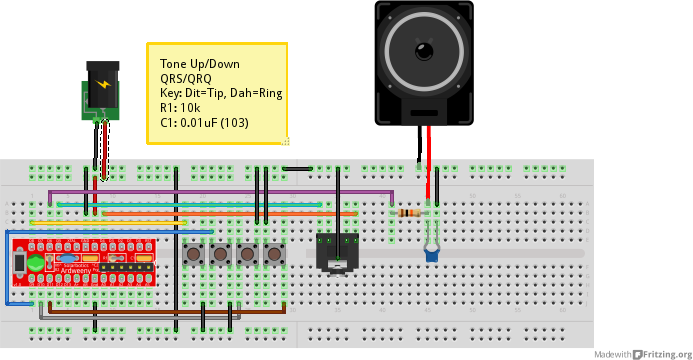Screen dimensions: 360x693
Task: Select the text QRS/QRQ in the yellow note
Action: (186, 77)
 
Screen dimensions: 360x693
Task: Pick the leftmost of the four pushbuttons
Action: (194, 255)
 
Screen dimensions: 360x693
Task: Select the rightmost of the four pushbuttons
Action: (272, 255)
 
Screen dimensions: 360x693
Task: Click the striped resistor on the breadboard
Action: (409, 212)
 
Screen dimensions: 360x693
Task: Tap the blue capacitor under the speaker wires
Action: (432, 255)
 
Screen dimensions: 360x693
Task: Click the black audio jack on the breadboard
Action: (337, 252)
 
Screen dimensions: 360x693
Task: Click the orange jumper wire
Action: (230, 213)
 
